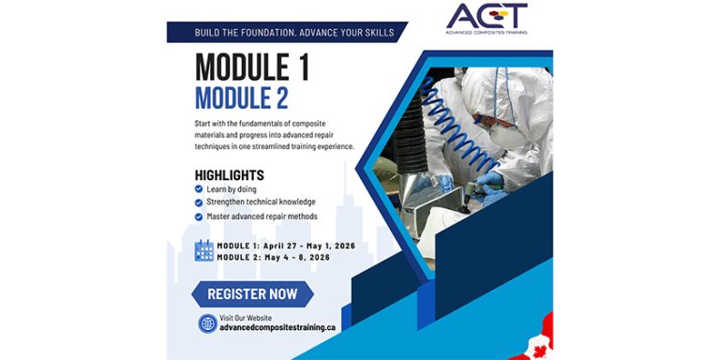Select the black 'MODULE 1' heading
pos(252,68)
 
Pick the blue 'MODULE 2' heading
pos(242,97)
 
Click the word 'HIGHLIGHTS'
pos(229,175)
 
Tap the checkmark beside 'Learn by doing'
pos(199,189)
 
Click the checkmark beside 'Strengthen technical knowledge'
pos(199,202)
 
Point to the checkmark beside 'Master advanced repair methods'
pos(199,217)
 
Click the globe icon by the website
pos(207,323)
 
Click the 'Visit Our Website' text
pos(245,318)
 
